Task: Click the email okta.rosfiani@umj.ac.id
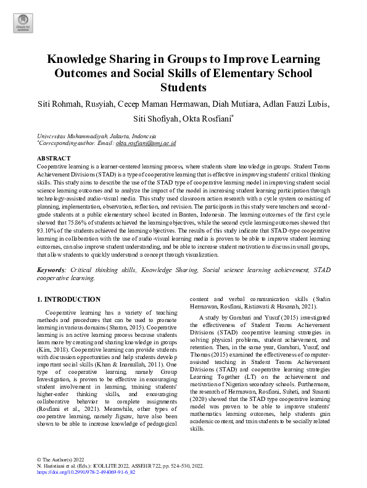click(146, 143)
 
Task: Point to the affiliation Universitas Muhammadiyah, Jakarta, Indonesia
click(96, 135)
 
